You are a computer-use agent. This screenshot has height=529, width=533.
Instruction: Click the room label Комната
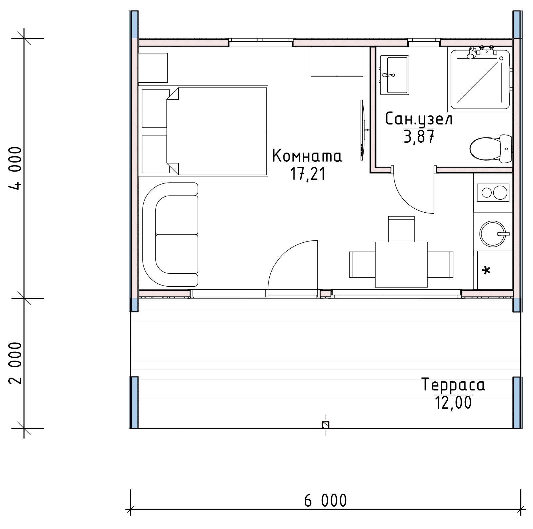(307, 156)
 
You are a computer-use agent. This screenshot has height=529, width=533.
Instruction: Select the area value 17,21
(308, 174)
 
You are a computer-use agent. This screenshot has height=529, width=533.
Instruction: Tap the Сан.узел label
(419, 119)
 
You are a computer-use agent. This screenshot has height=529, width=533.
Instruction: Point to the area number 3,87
(419, 136)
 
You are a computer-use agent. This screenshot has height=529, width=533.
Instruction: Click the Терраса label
(453, 385)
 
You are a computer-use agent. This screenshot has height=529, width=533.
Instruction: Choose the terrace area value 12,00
(453, 402)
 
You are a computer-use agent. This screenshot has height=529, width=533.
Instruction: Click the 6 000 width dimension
(325, 501)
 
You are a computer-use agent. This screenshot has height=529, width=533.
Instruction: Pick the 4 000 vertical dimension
(16, 168)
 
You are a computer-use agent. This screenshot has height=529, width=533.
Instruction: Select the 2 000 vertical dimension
(16, 363)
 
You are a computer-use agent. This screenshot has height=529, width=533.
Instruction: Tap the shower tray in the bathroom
(480, 79)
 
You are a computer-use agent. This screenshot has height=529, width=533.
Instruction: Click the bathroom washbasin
(394, 75)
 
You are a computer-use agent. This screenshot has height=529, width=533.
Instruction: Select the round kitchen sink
(493, 234)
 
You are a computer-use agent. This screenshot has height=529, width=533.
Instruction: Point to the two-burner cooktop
(493, 193)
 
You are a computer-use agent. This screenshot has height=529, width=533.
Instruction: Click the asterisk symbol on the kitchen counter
(486, 270)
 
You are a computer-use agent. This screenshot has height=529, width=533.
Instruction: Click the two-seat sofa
(170, 235)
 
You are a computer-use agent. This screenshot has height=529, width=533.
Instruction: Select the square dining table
(401, 264)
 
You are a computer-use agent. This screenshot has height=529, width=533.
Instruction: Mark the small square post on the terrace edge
(326, 425)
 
